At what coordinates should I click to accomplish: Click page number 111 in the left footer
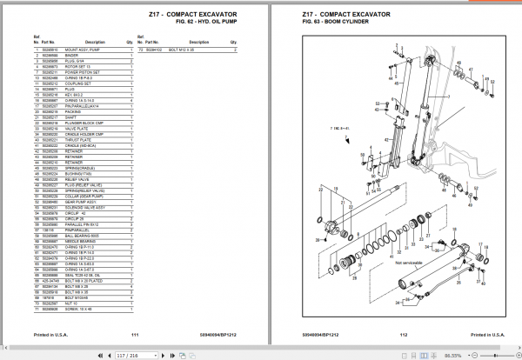pos(135,333)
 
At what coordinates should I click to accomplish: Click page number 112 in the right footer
pos(403,333)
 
